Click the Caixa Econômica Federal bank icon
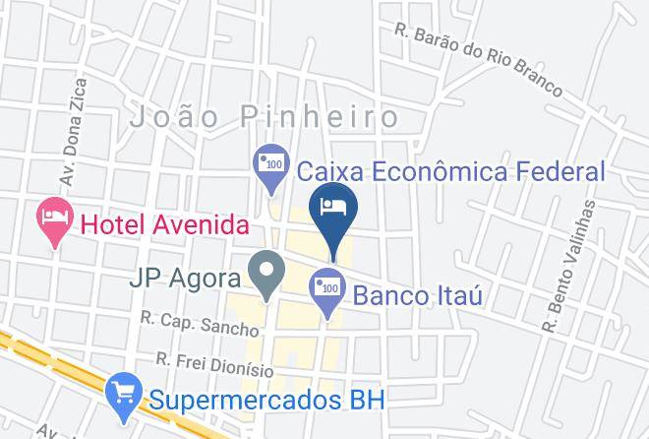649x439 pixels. click(x=269, y=163)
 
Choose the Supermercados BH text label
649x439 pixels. click(x=267, y=401)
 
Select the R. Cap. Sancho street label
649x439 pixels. click(x=199, y=325)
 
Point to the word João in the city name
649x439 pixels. click(x=177, y=118)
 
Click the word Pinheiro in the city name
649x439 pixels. click(x=318, y=118)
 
